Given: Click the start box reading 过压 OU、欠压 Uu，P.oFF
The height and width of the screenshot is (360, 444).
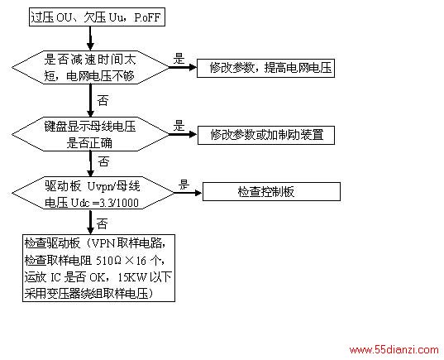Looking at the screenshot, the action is coord(97,17).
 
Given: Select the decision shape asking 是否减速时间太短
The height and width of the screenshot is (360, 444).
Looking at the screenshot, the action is coord(90,68).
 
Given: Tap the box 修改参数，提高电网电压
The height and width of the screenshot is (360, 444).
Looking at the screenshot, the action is coord(265,68).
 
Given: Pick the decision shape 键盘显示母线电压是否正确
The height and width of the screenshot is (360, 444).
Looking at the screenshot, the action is coord(90,134).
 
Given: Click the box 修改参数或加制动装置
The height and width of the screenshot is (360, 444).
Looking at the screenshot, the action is coord(266,135).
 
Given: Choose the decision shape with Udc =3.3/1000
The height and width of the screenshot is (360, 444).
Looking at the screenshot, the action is coord(93,193).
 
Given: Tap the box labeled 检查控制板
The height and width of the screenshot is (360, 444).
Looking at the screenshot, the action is coord(271,192).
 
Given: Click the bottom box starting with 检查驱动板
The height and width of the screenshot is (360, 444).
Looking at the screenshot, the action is coord(98,268).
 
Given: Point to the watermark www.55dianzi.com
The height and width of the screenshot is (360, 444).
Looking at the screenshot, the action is coord(394,349).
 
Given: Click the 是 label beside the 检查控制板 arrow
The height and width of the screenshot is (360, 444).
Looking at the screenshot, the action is coord(184,185).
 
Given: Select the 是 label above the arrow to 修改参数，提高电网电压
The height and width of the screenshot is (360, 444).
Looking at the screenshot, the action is coord(179,59).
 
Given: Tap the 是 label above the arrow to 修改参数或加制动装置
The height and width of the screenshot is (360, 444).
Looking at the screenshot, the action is coord(179,126).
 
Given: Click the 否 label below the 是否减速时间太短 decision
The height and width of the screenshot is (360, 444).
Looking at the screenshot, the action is coord(103,100).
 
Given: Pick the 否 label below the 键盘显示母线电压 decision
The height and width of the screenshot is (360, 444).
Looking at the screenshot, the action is coord(103,161).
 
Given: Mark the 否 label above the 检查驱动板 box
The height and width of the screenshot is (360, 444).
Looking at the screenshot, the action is coord(103,223).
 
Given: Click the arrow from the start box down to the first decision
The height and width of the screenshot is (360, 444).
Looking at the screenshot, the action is coord(90,39).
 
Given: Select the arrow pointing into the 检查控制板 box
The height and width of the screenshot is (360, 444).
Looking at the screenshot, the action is coord(188,193).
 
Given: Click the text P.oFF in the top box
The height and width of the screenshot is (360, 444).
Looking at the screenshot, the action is coord(147,17).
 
